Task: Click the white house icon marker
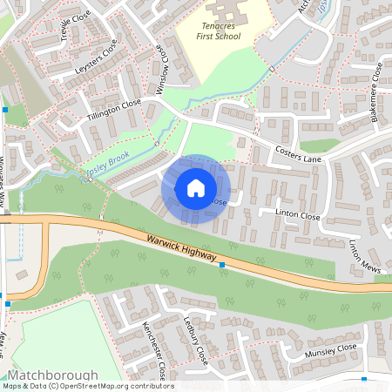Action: tap(196, 187)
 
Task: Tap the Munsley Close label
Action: tap(331, 351)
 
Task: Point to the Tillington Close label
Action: tap(114, 110)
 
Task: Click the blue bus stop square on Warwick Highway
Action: tap(222, 264)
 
